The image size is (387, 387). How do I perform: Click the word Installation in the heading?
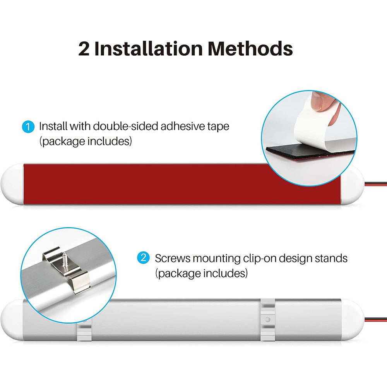point(149,48)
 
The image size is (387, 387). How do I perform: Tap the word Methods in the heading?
point(250,48)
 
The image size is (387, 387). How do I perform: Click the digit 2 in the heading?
point(84,49)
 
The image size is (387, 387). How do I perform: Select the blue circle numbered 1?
point(28,127)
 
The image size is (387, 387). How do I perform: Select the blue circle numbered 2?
point(144,258)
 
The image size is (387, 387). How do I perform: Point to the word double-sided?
point(125,126)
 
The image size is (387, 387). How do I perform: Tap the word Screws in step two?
point(173,259)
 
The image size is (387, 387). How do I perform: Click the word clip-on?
point(260,259)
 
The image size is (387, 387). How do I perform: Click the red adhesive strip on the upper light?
point(173,184)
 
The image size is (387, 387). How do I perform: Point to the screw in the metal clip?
point(65,260)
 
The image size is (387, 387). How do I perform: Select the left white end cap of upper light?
point(12,184)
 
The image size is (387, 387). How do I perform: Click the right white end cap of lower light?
point(353,320)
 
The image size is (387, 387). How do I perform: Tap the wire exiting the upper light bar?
point(376,184)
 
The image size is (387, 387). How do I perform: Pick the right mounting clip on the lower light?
point(267,320)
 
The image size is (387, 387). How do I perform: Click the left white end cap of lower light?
point(12,320)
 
